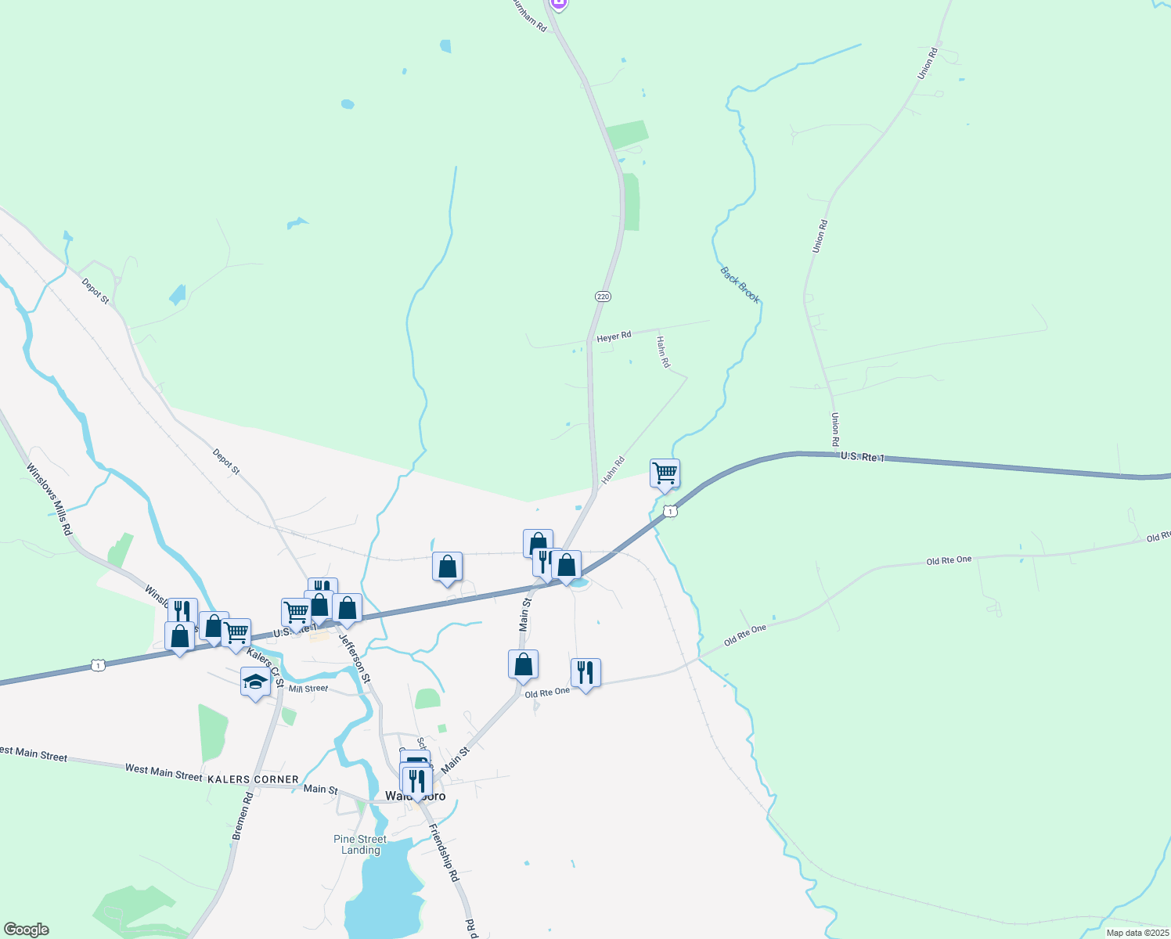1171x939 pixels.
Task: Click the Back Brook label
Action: (x=740, y=285)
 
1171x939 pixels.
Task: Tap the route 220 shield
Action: (x=602, y=297)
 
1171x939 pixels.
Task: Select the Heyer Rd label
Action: (x=614, y=336)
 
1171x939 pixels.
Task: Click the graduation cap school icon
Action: (x=255, y=682)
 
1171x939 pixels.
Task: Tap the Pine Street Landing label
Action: (x=360, y=844)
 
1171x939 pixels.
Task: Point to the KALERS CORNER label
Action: (x=253, y=779)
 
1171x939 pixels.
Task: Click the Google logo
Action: (x=26, y=929)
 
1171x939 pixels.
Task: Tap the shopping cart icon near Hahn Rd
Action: (x=665, y=473)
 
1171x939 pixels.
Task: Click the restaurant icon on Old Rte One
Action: (x=585, y=672)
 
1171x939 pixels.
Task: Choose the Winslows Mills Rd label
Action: (x=49, y=499)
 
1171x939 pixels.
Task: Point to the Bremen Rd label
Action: (x=243, y=816)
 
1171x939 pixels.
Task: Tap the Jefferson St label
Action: (x=355, y=657)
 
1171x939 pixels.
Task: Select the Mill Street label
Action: (x=308, y=689)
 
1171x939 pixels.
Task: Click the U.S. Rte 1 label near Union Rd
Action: (x=863, y=456)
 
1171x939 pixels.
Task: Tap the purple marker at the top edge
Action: (x=558, y=3)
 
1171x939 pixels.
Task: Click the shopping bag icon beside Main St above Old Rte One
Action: (x=523, y=664)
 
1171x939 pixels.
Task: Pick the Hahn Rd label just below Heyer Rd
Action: (x=663, y=352)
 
